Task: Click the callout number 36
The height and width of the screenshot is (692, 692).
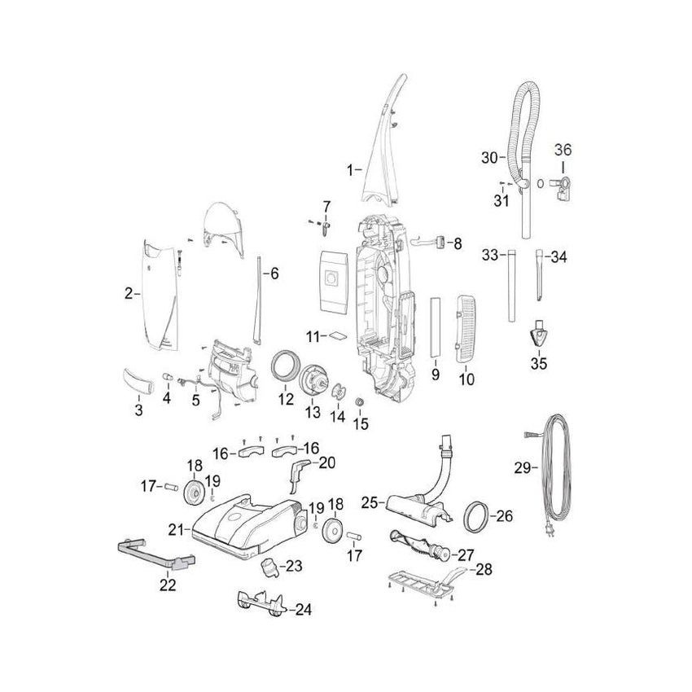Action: pyautogui.click(x=563, y=150)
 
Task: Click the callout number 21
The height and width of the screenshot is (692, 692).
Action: pyautogui.click(x=175, y=529)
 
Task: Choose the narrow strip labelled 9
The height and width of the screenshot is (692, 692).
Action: pyautogui.click(x=435, y=328)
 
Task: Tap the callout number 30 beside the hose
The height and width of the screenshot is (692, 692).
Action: pyautogui.click(x=488, y=157)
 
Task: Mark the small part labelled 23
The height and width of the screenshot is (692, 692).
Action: pyautogui.click(x=269, y=566)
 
